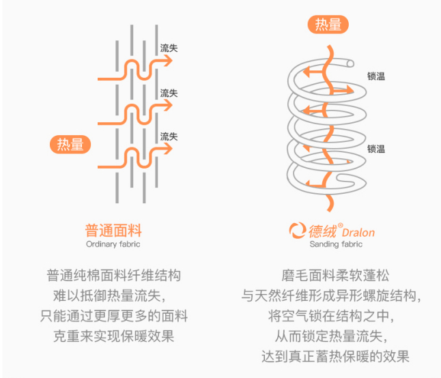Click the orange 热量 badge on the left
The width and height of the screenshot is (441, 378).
coord(71,144)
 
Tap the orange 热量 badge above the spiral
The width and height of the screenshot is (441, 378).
coord(328,25)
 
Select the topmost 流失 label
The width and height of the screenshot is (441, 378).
coord(169,49)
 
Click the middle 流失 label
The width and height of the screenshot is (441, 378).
coord(169,93)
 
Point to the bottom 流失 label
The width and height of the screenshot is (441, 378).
coord(169,136)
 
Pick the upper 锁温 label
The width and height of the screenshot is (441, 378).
coord(376,76)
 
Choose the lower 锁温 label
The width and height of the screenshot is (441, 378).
coord(376,149)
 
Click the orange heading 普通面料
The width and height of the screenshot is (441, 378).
coord(113,230)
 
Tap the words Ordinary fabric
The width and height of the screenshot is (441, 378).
coord(113,244)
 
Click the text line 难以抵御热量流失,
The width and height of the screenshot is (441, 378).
coord(113,297)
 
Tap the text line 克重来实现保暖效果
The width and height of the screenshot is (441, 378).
coord(113,336)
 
